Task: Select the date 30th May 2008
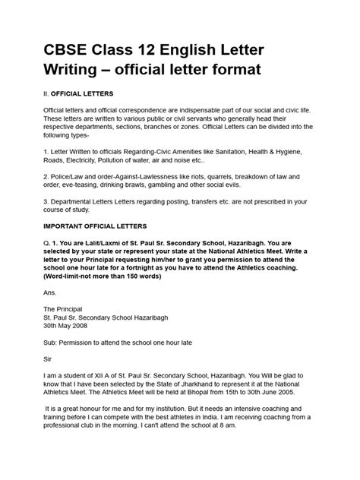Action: click(70, 367)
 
